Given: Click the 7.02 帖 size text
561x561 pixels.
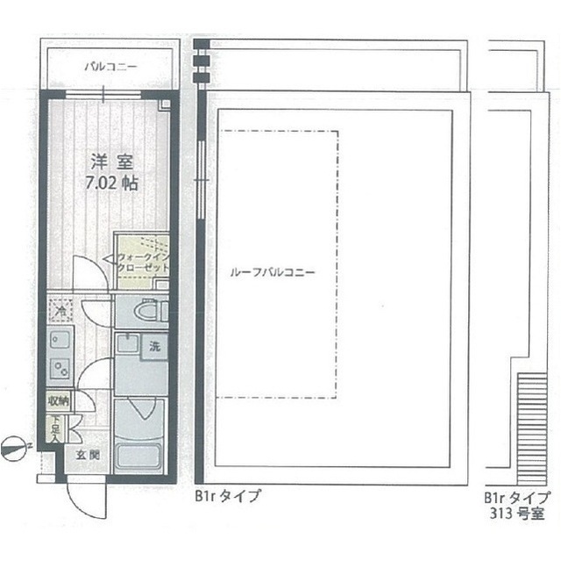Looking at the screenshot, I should click(111, 184).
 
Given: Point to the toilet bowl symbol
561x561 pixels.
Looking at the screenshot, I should click(145, 311).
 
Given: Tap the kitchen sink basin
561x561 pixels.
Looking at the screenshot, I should click(60, 340).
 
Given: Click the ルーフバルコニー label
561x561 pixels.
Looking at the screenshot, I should click(272, 271).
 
